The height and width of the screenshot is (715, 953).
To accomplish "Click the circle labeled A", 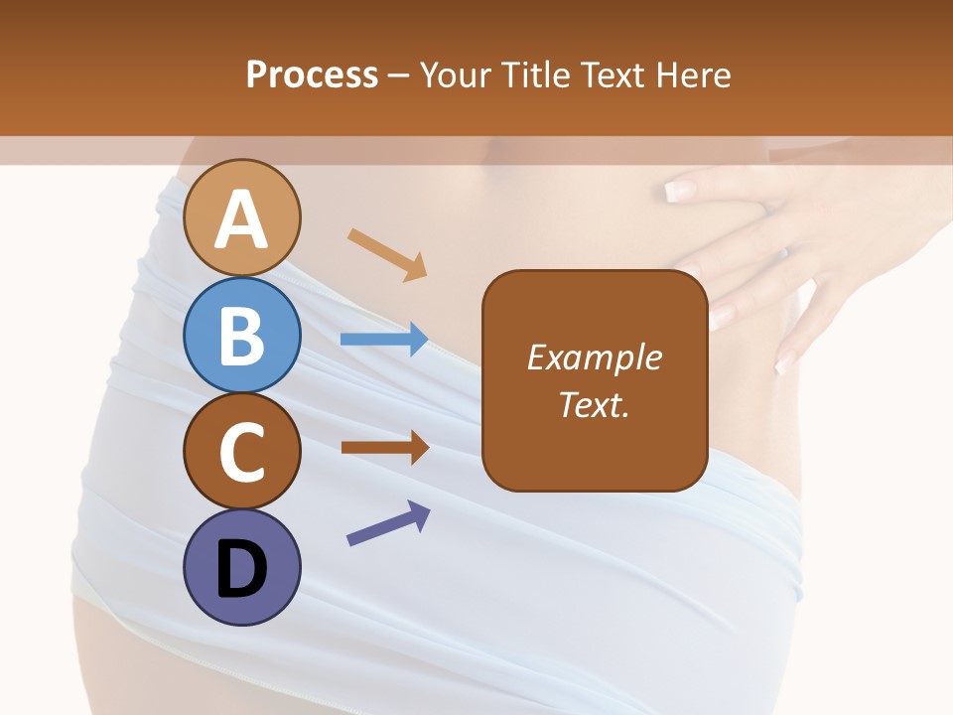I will coord(241,217).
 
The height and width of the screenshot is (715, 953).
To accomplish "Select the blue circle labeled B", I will coord(241,335).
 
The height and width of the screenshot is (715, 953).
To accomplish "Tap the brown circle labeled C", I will coord(241,451).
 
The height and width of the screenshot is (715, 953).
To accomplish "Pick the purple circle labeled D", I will coord(241,568).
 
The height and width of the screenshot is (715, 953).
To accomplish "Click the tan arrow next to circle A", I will coord(387,254).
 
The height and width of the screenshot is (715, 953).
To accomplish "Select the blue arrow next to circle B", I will coord(384,340).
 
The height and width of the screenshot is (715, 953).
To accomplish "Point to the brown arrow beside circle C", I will coord(384,447).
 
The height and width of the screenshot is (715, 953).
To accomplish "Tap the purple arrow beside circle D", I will coord(388,523).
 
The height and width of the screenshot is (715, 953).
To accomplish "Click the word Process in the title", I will coord(312,74).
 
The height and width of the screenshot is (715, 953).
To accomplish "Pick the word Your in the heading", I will coord(457,74).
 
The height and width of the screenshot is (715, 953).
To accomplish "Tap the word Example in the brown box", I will coord(594,357).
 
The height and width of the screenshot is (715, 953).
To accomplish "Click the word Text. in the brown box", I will coord(594,404).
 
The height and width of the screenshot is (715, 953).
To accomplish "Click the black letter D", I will coord(241,569).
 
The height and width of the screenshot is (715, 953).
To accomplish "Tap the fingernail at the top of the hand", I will coord(683,189).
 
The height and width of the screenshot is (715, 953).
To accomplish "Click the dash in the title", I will coord(399,75).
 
